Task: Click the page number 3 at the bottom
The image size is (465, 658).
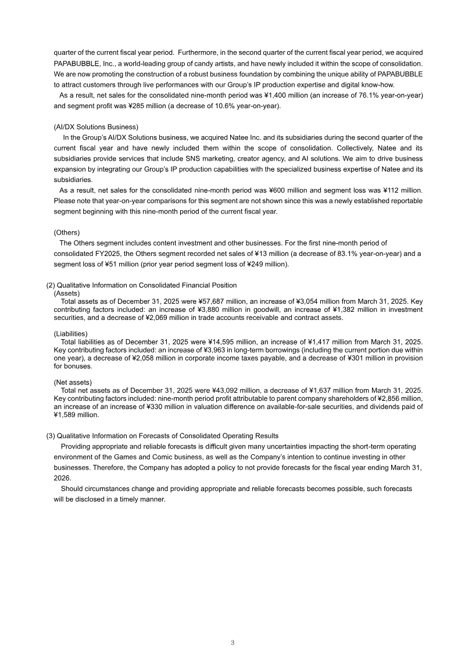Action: click(232, 643)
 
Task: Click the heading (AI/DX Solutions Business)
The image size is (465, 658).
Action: click(96, 127)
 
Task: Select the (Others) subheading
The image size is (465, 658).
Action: click(67, 232)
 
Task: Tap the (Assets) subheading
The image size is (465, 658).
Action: click(66, 293)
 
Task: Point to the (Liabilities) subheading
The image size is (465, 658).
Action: click(70, 334)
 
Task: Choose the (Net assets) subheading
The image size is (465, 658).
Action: click(73, 382)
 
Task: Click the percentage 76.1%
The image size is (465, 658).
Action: click(360, 95)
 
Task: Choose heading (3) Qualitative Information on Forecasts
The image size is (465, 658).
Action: click(162, 436)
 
